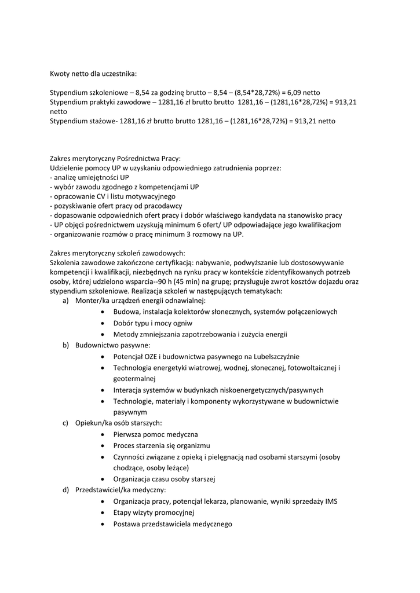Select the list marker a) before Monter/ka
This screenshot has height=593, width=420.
(65, 301)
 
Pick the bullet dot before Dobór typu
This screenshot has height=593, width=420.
(102, 323)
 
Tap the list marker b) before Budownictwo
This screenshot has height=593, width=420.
(65, 345)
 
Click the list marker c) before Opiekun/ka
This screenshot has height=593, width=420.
(65, 423)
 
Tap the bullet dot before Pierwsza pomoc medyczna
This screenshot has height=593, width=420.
(102, 434)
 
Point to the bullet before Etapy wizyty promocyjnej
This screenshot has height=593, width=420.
(102, 513)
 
